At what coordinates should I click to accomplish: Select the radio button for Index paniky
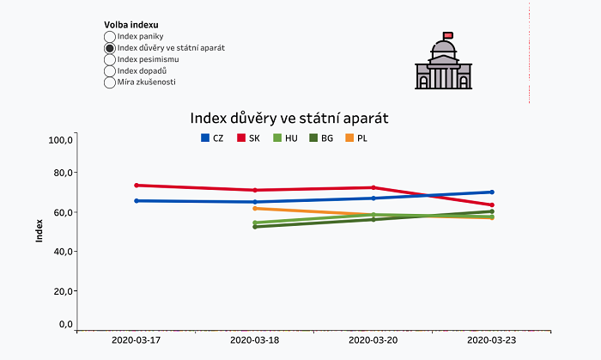pos(109,37)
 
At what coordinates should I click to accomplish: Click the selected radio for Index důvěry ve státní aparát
pos(109,48)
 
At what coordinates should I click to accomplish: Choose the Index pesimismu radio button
pos(109,59)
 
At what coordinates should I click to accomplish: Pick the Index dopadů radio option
pos(109,70)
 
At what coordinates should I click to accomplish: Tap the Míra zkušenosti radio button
pos(109,82)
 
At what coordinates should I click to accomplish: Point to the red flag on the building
pos(448,35)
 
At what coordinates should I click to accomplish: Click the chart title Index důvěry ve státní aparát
pos(295,116)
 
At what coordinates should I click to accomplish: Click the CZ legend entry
pos(212,138)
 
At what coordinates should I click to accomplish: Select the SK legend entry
pos(248,138)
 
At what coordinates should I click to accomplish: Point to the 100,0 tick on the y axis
pos(60,139)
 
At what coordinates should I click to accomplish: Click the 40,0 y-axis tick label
pos(62,252)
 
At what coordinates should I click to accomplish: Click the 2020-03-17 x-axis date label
pos(137,340)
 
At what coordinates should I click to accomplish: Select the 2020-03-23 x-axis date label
pos(492,340)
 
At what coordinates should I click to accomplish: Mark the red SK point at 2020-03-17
pos(137,185)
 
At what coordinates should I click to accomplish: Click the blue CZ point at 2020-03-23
pos(492,192)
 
